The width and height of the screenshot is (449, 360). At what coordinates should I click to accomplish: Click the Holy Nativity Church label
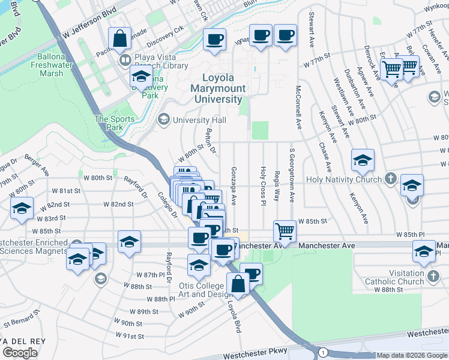343,179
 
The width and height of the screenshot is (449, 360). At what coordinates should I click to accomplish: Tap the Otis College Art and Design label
206,290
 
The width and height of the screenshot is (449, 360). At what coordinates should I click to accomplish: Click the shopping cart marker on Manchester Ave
285,230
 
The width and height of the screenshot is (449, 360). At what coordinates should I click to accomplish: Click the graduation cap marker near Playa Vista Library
141,76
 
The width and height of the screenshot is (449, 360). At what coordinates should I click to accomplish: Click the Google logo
20,353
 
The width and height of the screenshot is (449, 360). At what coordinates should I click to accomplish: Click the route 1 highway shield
324,351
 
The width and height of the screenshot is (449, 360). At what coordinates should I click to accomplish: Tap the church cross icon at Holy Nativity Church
390,179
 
